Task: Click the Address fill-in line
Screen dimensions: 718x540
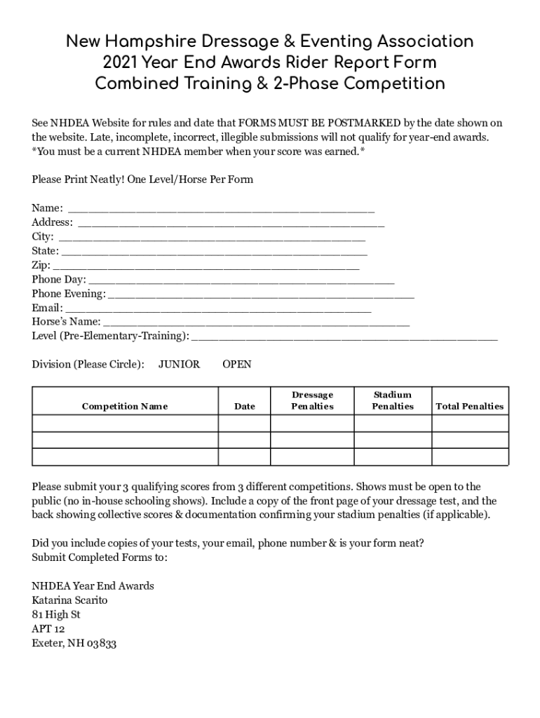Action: coord(231,223)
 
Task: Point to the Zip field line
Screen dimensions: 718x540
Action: coord(206,266)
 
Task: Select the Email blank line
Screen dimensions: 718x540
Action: coord(218,309)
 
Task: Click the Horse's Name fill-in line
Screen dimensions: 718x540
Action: coord(257,323)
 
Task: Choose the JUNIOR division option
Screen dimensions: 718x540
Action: coord(179,365)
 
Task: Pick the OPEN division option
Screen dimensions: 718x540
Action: coord(237,365)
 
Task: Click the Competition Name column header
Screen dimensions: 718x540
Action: coord(125,406)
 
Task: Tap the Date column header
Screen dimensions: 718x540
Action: coord(245,406)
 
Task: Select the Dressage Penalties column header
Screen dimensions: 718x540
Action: coord(312,400)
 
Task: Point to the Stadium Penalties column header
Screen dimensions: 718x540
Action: coord(393,400)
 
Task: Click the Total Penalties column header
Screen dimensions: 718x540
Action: coord(470,406)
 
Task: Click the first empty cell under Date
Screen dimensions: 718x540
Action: coord(245,424)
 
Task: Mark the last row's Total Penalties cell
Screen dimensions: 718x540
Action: coord(470,457)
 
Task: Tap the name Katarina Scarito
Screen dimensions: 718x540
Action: coord(70,600)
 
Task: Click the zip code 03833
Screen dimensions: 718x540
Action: coord(102,644)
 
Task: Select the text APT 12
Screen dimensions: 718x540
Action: coord(48,629)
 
